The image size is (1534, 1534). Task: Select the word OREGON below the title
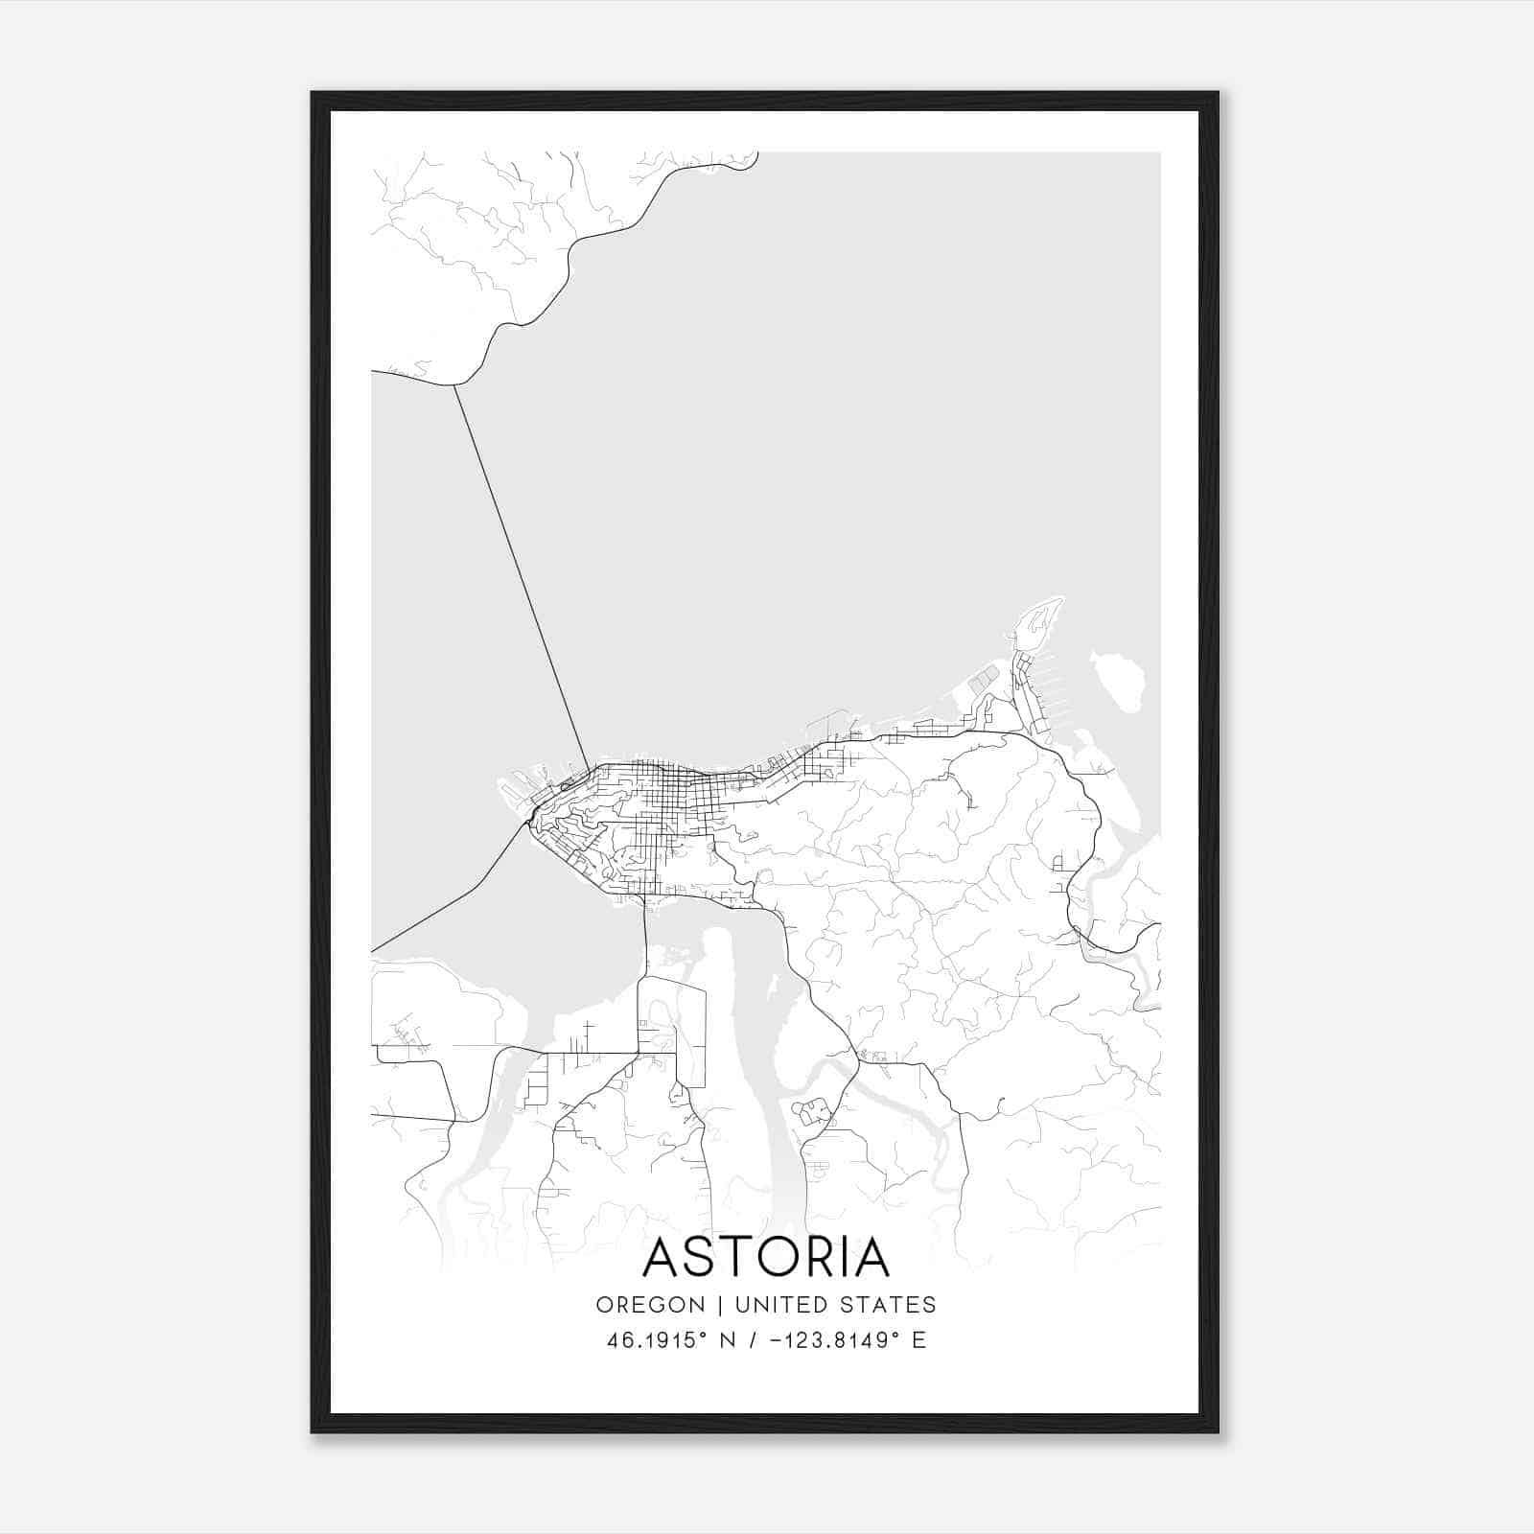pyautogui.click(x=650, y=1305)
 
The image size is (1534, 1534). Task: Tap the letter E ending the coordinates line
pyautogui.click(x=918, y=1340)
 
